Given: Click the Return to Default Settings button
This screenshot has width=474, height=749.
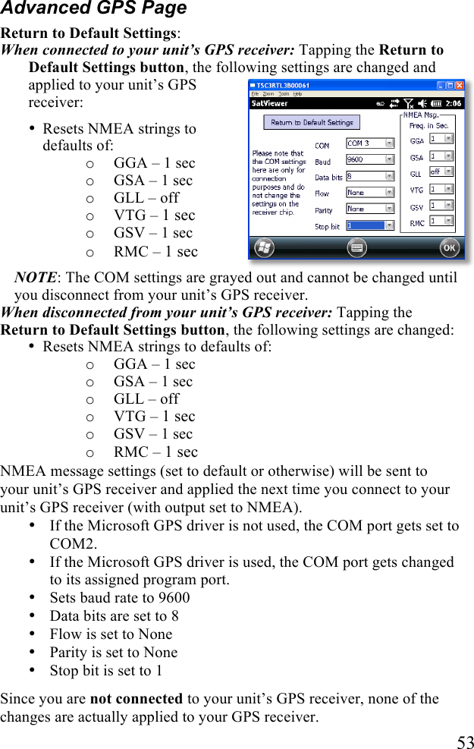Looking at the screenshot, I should point(312,122).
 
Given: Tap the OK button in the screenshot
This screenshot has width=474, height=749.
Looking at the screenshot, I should point(449,247).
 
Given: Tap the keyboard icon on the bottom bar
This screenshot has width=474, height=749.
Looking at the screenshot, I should point(356,247).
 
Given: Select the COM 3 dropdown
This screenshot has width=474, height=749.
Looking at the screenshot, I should point(369,143).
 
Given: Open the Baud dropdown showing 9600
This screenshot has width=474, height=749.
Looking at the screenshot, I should point(369,159).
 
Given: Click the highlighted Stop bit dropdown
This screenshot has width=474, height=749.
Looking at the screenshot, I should point(369,225).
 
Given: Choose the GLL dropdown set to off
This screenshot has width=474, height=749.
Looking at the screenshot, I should point(441,172).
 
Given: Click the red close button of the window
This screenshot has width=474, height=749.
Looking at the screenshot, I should point(458,86).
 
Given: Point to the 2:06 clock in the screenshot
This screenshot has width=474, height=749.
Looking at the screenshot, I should point(453,102).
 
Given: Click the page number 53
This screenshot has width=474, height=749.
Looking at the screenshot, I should point(465,742).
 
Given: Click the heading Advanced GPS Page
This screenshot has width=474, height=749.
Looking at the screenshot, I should point(93,9).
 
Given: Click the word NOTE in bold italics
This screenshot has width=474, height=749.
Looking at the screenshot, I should point(35,278).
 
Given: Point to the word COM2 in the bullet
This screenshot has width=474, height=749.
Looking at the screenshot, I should point(73,543).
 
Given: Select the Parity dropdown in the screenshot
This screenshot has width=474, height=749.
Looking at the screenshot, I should point(369,209).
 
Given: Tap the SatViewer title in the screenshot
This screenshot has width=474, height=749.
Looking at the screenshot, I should point(270,102).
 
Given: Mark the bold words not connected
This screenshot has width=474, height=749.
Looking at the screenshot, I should point(136,699).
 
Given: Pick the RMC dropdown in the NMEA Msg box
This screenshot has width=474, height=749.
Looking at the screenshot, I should point(441,221).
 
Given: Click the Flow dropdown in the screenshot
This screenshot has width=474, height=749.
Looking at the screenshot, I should point(369,193).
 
